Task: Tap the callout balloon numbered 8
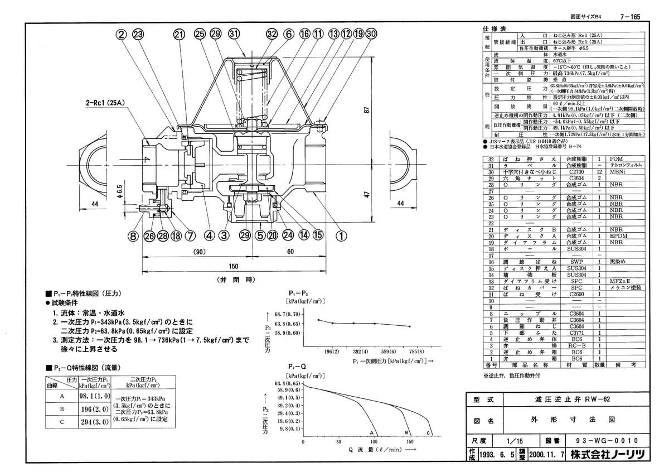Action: pos(133,235)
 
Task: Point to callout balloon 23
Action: pos(137,34)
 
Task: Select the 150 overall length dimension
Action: pos(234,266)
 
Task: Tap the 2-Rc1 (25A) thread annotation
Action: pos(106,103)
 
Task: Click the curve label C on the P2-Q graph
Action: pos(428,433)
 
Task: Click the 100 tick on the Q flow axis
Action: pos(375,441)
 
